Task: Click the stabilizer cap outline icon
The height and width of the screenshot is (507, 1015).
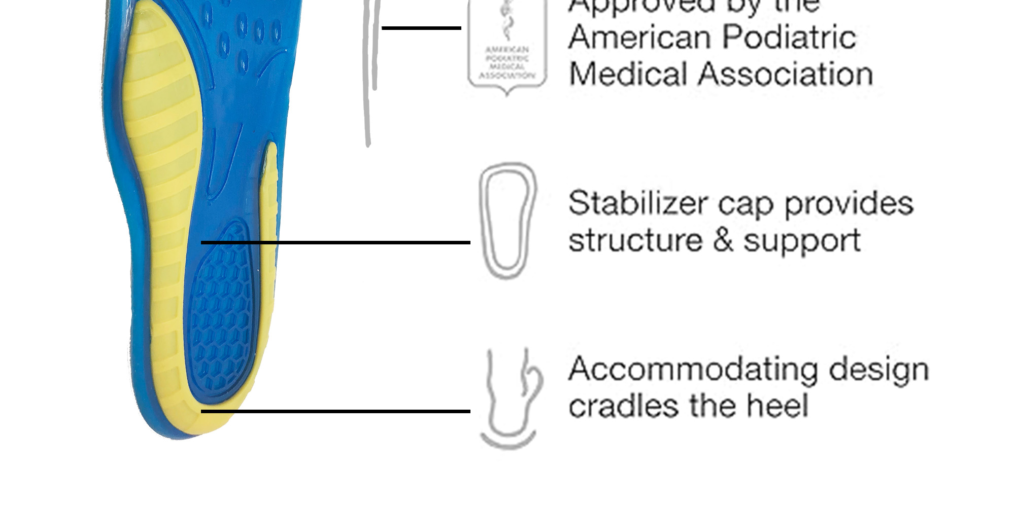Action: [507, 221]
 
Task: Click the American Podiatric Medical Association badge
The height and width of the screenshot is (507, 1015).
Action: [507, 48]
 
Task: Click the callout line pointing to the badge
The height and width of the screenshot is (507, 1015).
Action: [421, 28]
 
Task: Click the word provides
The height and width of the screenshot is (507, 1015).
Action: [849, 204]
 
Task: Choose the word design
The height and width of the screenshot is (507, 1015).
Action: [878, 369]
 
